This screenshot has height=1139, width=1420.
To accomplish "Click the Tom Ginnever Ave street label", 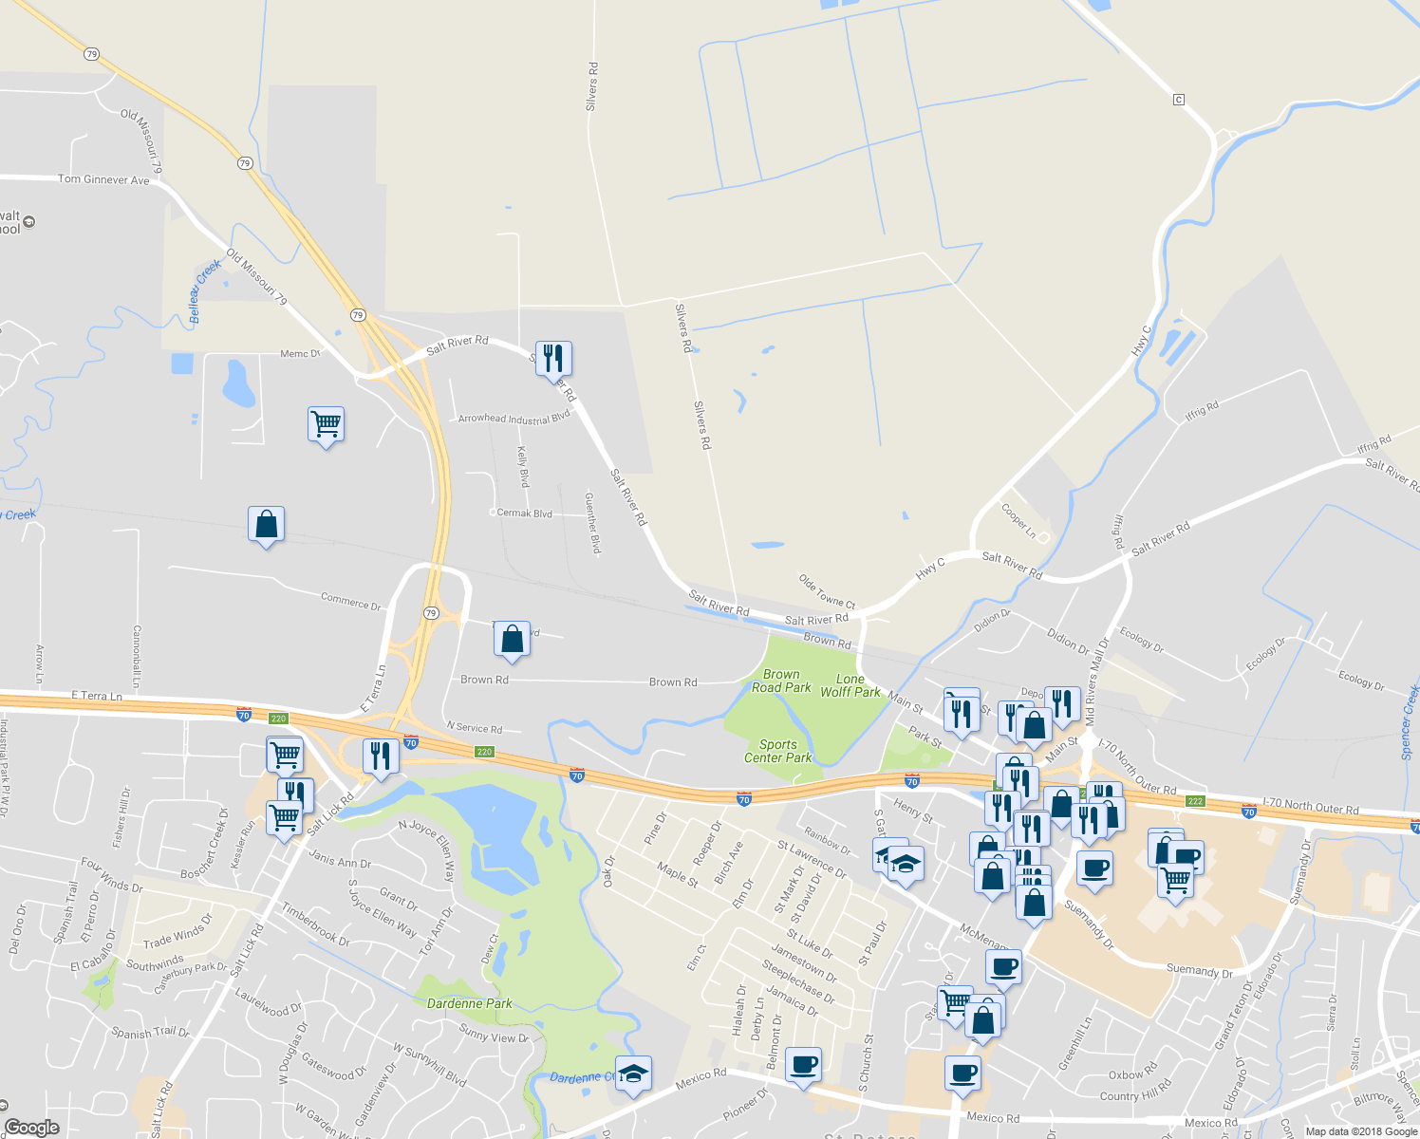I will click(x=103, y=179).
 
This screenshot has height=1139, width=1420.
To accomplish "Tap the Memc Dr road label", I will click(x=300, y=354).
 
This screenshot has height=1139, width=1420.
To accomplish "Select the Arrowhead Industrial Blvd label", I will click(x=514, y=418).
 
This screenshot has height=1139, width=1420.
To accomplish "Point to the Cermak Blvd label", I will click(x=524, y=513).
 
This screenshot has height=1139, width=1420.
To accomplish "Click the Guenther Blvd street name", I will click(x=592, y=523).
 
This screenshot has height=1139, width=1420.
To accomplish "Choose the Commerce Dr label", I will click(x=350, y=602).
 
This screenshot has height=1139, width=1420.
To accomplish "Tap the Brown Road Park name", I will click(x=781, y=681).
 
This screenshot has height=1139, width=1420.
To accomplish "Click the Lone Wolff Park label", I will click(x=850, y=685).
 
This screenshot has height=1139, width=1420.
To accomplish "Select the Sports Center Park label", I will click(x=778, y=751).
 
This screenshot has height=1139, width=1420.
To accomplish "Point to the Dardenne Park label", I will click(x=469, y=1003).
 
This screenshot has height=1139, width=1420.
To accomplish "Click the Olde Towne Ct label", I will click(x=827, y=591).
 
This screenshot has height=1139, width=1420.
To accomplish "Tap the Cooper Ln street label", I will click(x=1018, y=520).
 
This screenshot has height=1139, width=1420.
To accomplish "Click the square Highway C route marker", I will click(x=1179, y=100).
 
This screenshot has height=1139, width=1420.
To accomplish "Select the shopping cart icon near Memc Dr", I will click(x=326, y=423).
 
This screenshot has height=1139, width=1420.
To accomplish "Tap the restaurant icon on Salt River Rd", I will click(x=553, y=359).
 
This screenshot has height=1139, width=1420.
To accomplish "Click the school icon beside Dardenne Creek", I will click(x=633, y=1074).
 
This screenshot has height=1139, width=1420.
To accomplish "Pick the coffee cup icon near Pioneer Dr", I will click(x=803, y=1065).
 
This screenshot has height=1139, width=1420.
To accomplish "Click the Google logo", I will click(x=32, y=1128).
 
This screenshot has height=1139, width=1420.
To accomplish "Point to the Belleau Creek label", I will click(x=204, y=290).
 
